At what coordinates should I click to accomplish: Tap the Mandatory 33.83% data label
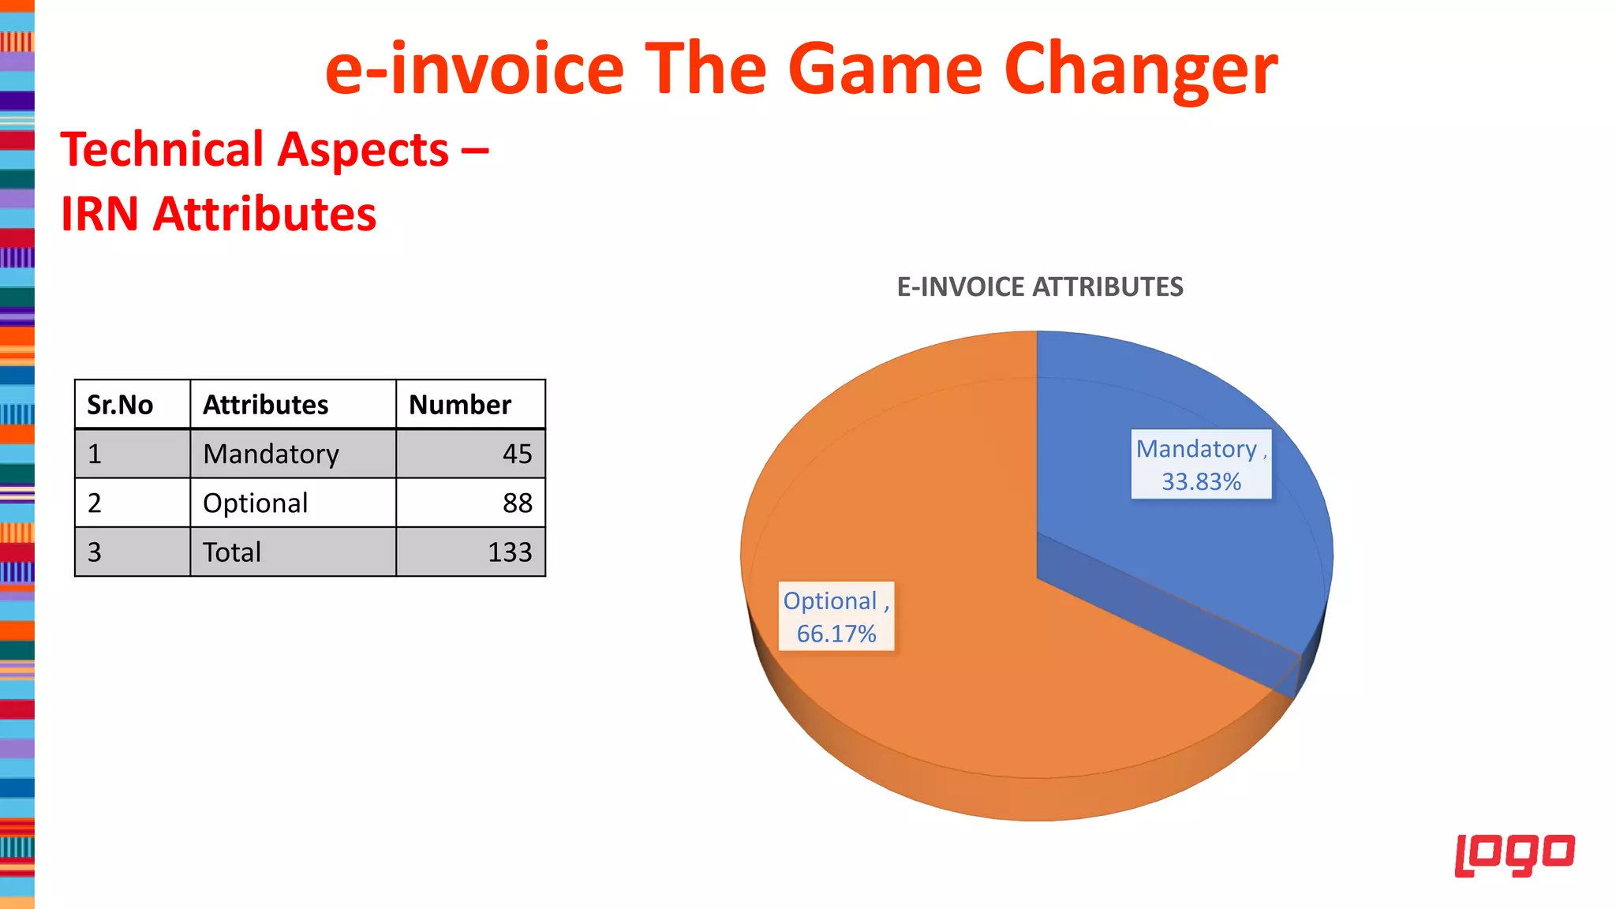tap(1201, 464)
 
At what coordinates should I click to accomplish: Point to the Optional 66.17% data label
tap(836, 616)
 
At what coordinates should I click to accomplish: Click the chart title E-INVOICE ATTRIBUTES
tap(1040, 286)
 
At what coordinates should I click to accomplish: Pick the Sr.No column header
tap(120, 405)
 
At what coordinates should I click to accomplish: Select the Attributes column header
tap(266, 405)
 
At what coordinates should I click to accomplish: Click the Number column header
tap(460, 405)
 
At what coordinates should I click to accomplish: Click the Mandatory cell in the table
tap(271, 454)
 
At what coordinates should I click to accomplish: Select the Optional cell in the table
tap(256, 503)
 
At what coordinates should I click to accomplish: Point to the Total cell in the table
tap(232, 552)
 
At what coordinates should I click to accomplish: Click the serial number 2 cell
tap(95, 503)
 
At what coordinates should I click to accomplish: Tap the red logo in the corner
tap(1514, 855)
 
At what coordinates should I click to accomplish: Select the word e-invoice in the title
tap(474, 69)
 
